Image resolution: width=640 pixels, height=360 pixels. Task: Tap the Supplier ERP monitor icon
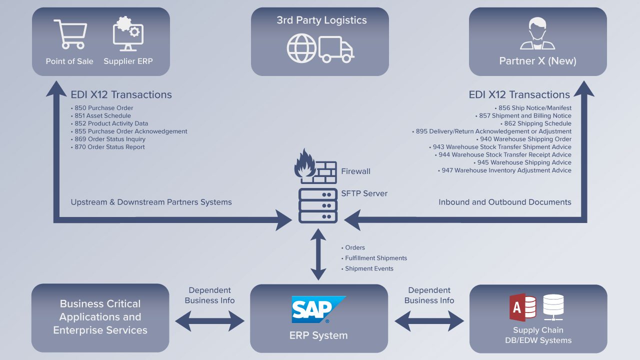point(128,34)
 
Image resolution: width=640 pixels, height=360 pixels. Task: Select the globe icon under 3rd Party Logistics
point(301,48)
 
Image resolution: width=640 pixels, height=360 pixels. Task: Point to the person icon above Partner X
point(537,34)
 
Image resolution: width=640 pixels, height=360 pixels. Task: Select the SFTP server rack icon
point(317,206)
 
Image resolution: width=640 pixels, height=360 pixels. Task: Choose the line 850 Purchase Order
point(103,108)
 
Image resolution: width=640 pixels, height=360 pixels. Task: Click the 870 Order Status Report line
point(109,147)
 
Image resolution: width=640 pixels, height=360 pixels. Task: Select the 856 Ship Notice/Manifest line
point(534,108)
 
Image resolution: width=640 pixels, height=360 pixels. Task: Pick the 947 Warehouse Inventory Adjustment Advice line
point(506,170)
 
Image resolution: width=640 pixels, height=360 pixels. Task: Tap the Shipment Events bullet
point(369,268)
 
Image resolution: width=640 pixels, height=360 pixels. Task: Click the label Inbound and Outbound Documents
point(504,202)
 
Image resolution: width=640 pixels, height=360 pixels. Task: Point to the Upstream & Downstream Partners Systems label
point(151,202)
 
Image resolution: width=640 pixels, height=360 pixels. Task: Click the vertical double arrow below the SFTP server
point(318,255)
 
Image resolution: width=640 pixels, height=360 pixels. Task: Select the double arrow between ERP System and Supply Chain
point(429,321)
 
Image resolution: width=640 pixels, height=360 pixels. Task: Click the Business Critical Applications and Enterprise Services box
point(100,317)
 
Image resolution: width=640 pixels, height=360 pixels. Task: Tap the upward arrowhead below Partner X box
point(583,89)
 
